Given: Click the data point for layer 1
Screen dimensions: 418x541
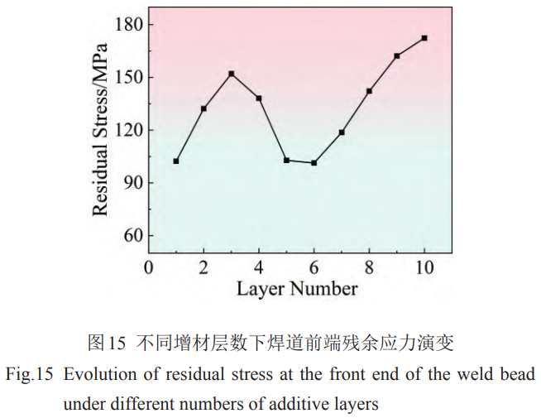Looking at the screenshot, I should (176, 161).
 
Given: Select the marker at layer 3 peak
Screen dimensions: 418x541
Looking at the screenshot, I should (232, 74).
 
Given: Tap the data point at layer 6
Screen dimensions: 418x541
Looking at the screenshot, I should (314, 163).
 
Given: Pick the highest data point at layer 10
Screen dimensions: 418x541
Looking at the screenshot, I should (424, 38).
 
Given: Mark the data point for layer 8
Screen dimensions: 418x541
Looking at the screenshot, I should (369, 91).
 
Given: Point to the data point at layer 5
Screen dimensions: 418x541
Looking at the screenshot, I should (286, 160).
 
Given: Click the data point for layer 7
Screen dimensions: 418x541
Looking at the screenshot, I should (342, 132).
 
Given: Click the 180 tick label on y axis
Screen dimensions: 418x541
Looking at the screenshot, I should (127, 25).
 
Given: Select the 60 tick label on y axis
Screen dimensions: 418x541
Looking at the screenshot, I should (132, 236).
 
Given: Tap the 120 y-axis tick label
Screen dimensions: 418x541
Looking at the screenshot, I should (127, 130).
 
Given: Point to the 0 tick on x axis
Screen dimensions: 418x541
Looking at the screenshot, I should (148, 267).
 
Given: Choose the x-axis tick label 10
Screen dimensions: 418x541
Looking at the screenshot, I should (424, 267).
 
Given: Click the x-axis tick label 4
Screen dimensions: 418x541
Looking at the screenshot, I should (259, 267).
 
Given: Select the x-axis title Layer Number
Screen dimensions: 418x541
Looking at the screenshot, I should (297, 289).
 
